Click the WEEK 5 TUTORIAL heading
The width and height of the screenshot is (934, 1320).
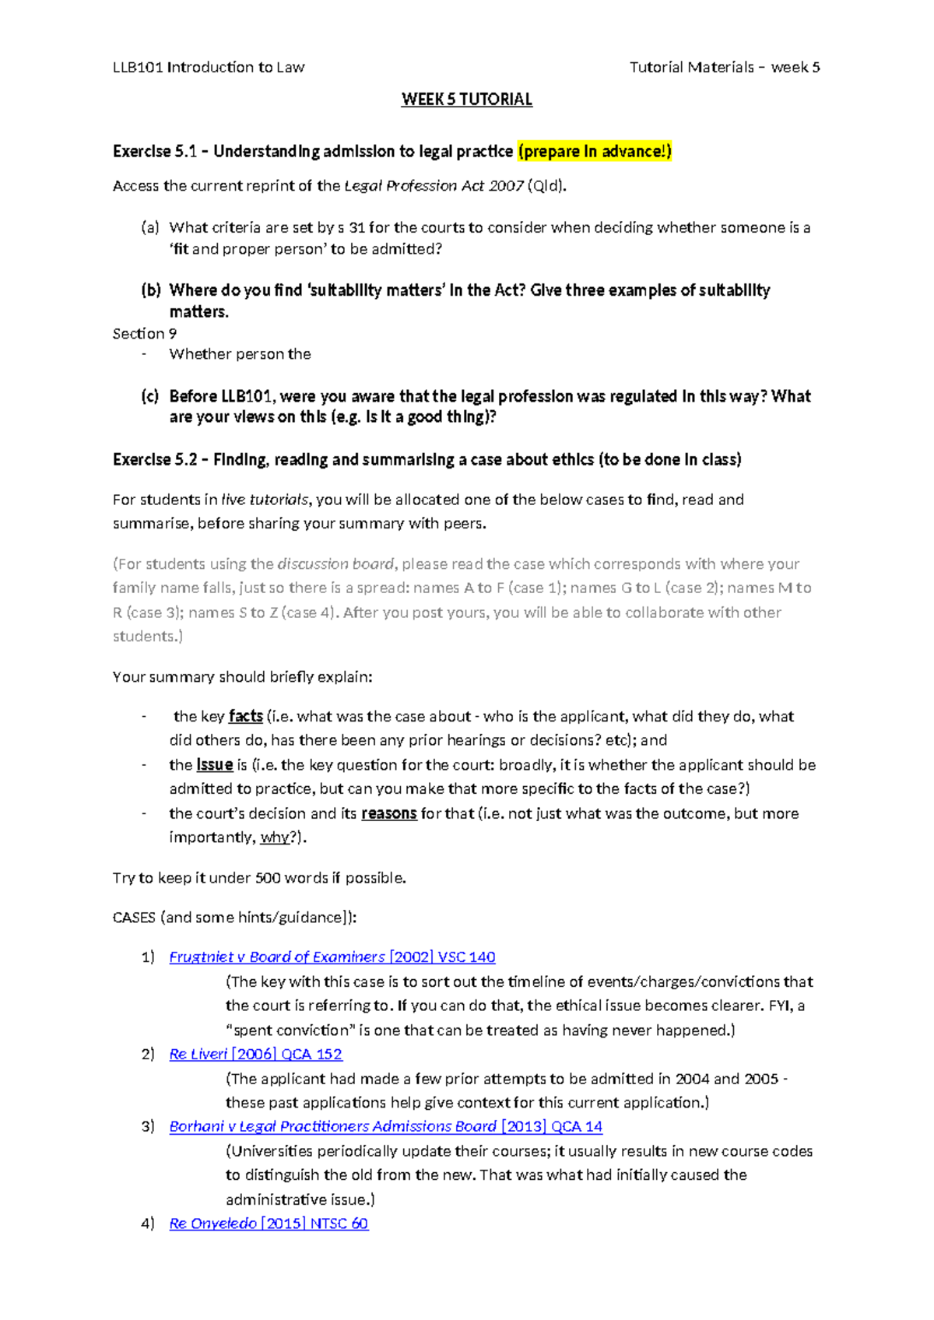click(x=466, y=100)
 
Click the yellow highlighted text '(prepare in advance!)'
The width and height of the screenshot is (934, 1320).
click(x=594, y=151)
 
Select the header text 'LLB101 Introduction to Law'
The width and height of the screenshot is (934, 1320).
click(x=209, y=68)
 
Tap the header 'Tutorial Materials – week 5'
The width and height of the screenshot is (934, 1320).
click(x=725, y=68)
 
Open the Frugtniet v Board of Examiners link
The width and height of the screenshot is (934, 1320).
click(x=332, y=957)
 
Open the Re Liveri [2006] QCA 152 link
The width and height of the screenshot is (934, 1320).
click(x=255, y=1055)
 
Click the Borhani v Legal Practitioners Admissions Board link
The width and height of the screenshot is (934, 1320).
click(x=385, y=1126)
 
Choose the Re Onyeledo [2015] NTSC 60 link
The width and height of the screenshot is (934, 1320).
click(x=269, y=1223)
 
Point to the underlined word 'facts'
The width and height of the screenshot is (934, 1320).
click(x=245, y=716)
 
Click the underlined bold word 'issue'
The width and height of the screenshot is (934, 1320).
click(x=215, y=765)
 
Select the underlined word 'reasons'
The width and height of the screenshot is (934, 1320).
click(x=388, y=814)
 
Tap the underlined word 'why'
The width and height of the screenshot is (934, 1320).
click(x=274, y=838)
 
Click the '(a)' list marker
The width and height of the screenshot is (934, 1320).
click(x=150, y=227)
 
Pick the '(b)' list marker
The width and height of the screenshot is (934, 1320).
click(x=150, y=290)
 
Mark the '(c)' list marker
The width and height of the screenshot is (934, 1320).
click(x=150, y=396)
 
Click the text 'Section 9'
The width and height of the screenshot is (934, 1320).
click(x=145, y=334)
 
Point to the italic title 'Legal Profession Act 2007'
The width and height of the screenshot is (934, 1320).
click(x=434, y=186)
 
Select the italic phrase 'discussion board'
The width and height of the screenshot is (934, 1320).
click(x=335, y=564)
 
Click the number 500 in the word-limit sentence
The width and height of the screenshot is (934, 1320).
click(x=268, y=878)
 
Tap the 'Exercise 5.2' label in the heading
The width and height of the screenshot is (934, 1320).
click(x=154, y=460)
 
